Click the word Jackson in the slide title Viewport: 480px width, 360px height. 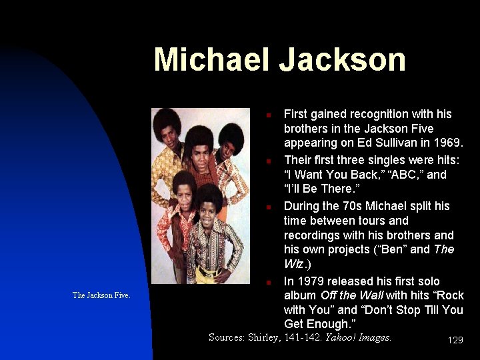343,59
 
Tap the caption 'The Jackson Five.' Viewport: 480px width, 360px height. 101,295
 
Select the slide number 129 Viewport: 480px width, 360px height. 455,340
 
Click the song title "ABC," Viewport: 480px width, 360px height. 399,175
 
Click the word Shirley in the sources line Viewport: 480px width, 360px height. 264,337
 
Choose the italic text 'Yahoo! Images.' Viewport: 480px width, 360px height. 358,337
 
